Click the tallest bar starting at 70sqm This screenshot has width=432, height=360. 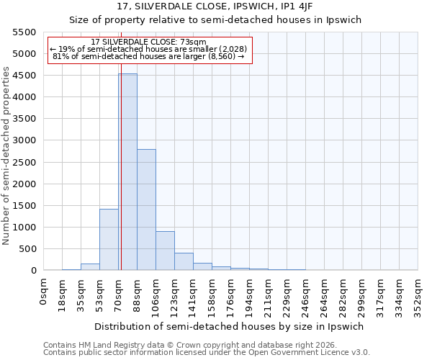click(128, 173)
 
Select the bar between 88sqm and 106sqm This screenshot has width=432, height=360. click(146, 210)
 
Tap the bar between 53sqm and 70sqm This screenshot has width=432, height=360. click(109, 240)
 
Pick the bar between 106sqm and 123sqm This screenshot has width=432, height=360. click(165, 251)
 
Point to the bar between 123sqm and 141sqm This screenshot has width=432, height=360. click(184, 261)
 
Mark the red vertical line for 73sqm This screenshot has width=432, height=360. click(121, 180)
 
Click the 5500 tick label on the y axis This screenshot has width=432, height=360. click(24, 32)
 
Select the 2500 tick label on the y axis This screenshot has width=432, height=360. click(24, 162)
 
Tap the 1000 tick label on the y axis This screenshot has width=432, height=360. click(24, 228)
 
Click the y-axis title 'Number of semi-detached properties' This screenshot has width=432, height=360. click(6, 155)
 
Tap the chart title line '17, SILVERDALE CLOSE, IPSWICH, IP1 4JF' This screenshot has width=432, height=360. click(215, 6)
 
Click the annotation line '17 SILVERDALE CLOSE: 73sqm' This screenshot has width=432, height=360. click(149, 42)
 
